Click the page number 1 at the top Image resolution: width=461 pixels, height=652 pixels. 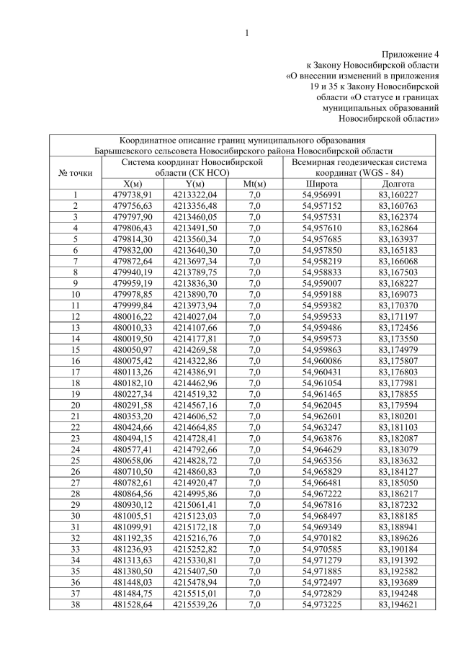pos(246,33)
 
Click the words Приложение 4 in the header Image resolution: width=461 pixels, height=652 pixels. pos(410,54)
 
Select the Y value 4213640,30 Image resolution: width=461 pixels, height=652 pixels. pos(195,250)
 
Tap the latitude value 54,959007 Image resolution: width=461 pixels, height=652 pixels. pos(322,283)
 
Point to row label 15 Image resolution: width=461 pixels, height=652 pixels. pos(75,349)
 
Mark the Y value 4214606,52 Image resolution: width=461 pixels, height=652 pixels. pos(195,415)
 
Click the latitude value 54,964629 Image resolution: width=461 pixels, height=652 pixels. pos(322,448)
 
